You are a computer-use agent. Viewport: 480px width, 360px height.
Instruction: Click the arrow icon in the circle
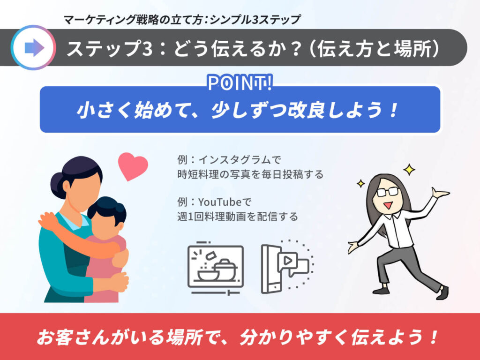click(x=34, y=47)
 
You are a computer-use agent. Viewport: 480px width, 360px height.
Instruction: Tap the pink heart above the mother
click(x=133, y=165)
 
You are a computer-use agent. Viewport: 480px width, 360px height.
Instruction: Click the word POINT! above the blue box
click(x=240, y=82)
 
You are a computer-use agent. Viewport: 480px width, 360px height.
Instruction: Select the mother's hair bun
click(x=57, y=184)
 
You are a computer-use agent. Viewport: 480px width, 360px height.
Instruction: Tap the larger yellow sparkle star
click(x=409, y=169)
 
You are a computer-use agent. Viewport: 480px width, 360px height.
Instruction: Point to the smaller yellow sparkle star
click(x=361, y=183)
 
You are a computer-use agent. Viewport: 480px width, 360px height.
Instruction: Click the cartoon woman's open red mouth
click(x=388, y=204)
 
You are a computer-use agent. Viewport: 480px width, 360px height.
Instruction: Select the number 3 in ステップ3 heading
click(x=147, y=49)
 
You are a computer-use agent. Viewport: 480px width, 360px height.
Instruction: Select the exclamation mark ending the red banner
click(x=433, y=337)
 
